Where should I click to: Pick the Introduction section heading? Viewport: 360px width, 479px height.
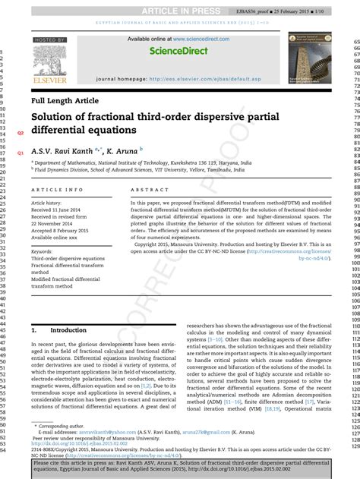(68, 331)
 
